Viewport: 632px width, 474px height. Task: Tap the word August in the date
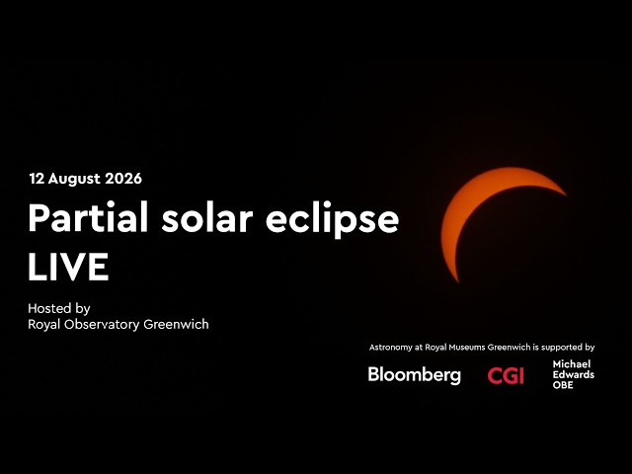(x=75, y=180)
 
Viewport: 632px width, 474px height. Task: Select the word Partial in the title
(x=88, y=217)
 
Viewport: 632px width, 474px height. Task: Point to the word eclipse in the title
(x=332, y=219)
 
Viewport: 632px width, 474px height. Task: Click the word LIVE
(x=68, y=267)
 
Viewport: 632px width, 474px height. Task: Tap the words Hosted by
(x=59, y=309)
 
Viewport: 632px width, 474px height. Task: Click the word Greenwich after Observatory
(x=176, y=324)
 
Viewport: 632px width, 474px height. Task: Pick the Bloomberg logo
(x=415, y=375)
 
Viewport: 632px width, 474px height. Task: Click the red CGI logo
(x=506, y=375)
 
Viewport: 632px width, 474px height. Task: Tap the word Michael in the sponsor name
(x=572, y=364)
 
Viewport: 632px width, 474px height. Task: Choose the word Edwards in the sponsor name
(x=573, y=374)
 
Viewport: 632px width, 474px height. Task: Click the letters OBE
(x=563, y=385)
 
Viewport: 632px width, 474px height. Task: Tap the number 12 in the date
(x=37, y=179)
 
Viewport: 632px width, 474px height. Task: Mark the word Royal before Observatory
(x=43, y=325)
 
